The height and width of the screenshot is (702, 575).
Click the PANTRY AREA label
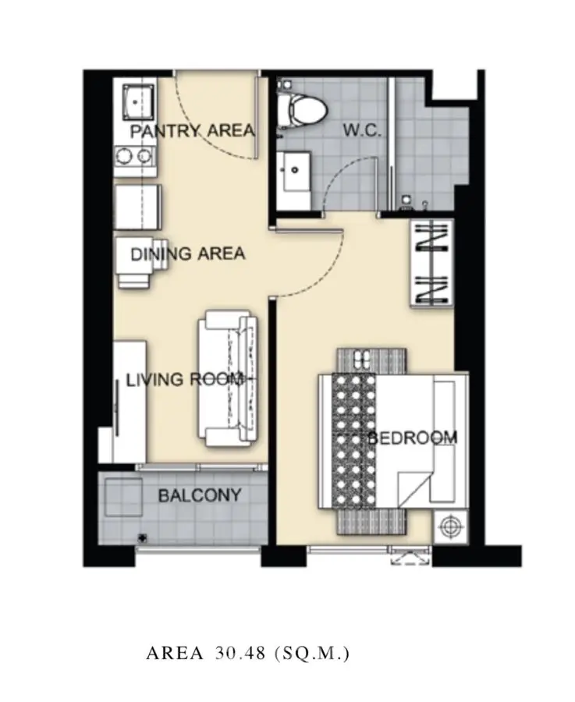click(192, 130)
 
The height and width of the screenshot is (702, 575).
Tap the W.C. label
click(362, 130)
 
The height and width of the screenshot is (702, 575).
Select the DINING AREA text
click(187, 253)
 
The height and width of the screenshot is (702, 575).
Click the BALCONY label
click(199, 495)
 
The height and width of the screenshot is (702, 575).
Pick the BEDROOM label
click(413, 438)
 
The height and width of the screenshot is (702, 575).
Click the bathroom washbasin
click(294, 172)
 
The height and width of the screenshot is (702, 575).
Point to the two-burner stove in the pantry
click(134, 156)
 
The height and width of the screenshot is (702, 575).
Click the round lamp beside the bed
click(450, 526)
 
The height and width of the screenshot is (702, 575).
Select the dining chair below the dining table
click(134, 278)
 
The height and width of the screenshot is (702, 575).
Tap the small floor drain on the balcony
click(143, 537)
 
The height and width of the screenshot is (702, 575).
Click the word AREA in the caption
click(174, 653)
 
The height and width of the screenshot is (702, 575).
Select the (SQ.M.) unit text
click(311, 653)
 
